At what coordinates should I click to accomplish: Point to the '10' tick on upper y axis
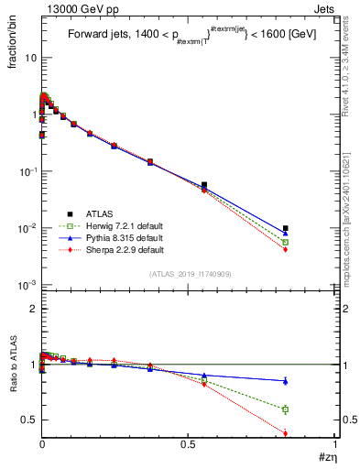pyautogui.click(x=28, y=58)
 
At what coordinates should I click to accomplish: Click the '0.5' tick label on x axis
pyautogui.click(x=188, y=444)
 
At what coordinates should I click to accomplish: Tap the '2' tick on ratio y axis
pyautogui.click(x=30, y=310)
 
